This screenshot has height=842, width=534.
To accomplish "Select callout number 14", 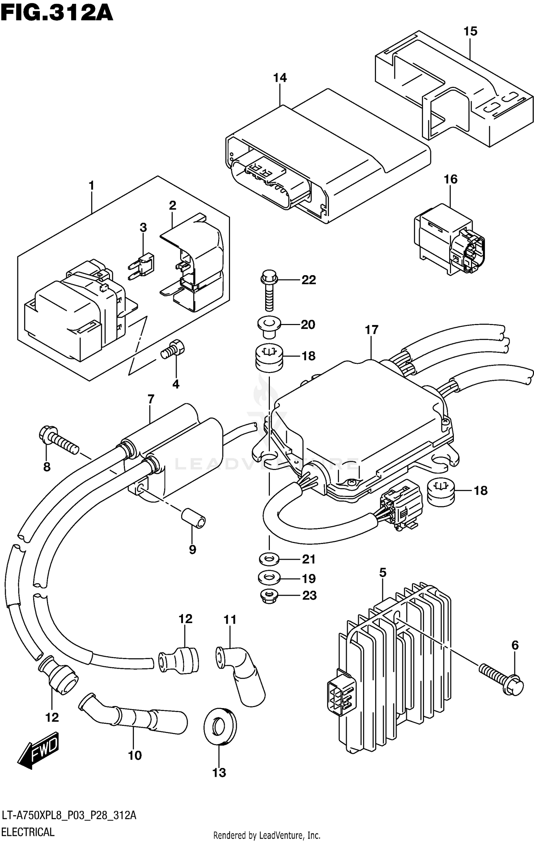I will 280,78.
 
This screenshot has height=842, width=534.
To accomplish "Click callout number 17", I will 371,330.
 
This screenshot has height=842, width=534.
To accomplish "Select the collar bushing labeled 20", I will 269,326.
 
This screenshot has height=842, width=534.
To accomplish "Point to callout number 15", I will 470,31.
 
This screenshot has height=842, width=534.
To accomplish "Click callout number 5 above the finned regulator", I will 382,573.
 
